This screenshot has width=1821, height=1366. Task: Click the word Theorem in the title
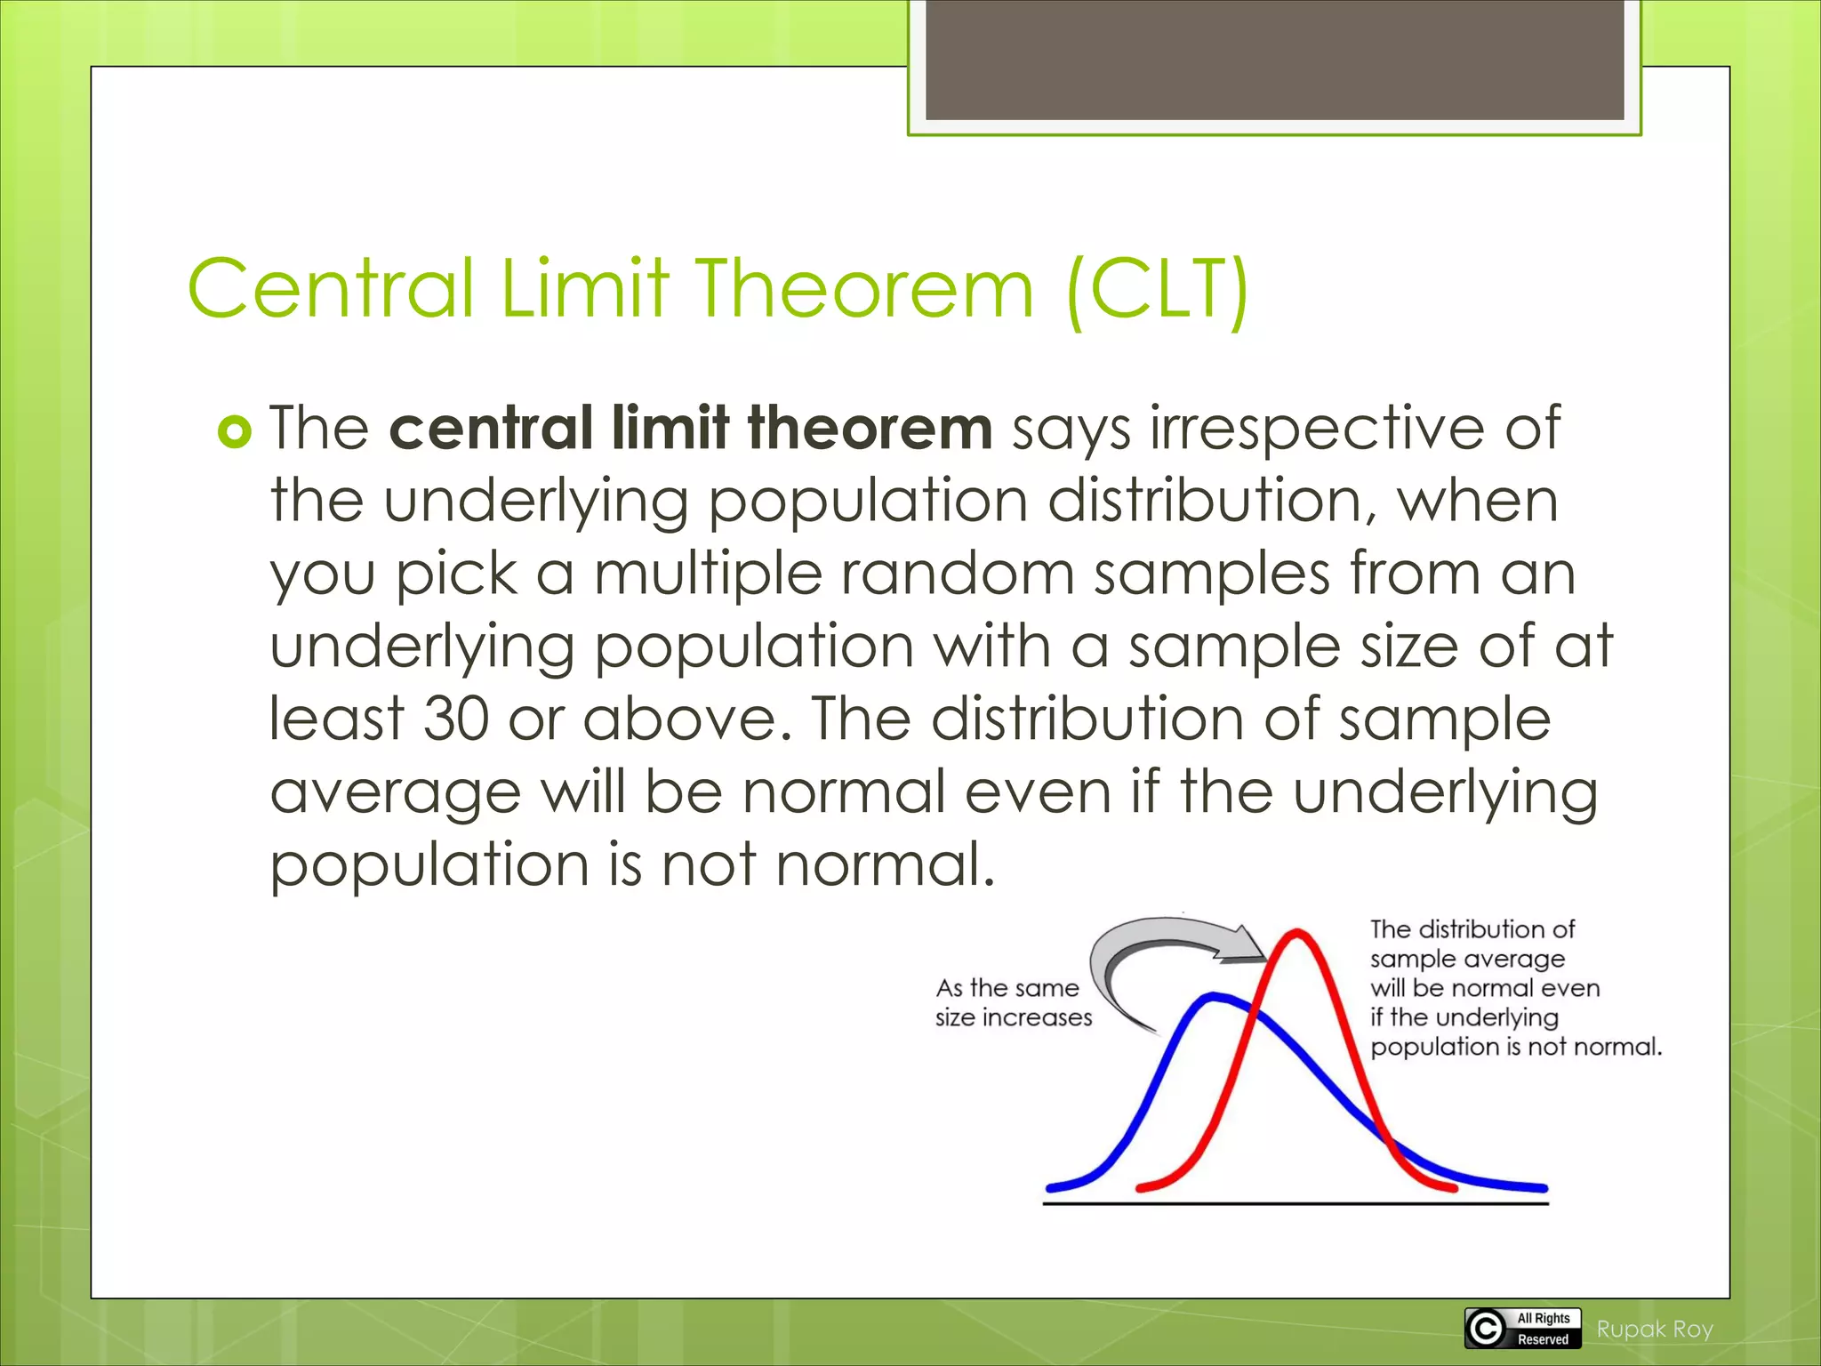tap(864, 288)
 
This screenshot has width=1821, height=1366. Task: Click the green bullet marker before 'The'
tap(234, 432)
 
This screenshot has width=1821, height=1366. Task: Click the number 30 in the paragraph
tap(456, 719)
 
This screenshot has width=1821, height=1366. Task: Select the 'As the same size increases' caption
tap(1013, 1002)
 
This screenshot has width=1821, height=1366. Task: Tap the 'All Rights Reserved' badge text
tap(1544, 1328)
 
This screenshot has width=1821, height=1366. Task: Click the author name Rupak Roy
tap(1654, 1329)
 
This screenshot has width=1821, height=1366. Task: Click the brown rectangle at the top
tap(1274, 60)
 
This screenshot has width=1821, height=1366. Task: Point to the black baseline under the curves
tap(1295, 1203)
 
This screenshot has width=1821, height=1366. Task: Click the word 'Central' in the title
tap(331, 288)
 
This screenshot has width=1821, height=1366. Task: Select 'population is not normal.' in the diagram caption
tap(1515, 1047)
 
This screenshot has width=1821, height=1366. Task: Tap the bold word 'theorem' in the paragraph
tap(870, 429)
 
